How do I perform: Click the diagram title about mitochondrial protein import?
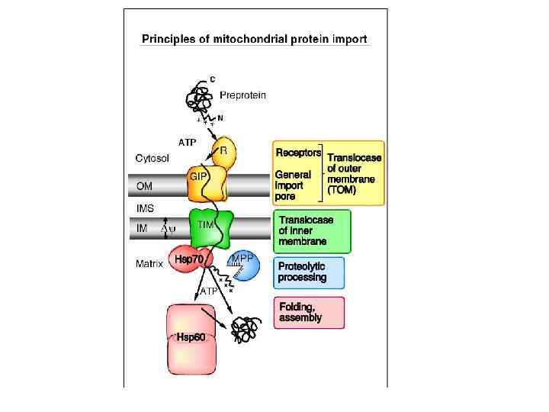255,39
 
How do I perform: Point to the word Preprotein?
242,95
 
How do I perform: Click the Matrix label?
150,265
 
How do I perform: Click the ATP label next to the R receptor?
188,142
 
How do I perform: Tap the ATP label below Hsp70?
209,291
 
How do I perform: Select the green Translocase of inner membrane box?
311,230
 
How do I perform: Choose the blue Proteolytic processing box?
309,272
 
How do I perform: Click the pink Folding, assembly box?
309,312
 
